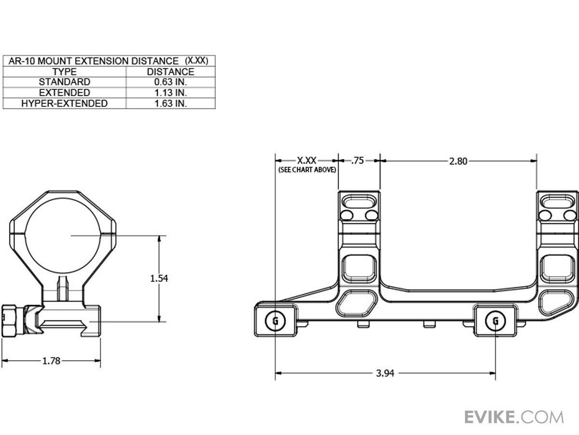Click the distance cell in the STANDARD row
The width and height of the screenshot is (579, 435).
pos(170,82)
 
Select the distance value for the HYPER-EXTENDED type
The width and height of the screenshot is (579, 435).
pos(170,103)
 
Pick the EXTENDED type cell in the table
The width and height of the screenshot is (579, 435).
pos(65,93)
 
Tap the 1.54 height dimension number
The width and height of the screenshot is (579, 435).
pos(159,278)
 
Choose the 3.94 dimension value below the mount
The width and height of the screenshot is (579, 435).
pos(385,373)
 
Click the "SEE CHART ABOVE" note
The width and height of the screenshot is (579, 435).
pos(307,170)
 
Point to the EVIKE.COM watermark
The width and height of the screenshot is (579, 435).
pos(514,417)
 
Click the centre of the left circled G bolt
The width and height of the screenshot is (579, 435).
pos(275,321)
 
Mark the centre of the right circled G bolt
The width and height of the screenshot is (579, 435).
pos(496,321)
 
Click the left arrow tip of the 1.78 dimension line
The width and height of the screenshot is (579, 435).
pos(2,361)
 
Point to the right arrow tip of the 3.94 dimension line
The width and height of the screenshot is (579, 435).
pos(495,373)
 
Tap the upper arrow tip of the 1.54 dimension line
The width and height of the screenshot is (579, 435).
pos(159,236)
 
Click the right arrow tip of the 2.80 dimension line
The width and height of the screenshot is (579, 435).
pos(537,161)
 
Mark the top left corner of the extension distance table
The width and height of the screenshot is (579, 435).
pos(3,56)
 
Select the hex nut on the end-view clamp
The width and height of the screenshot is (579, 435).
pos(9,320)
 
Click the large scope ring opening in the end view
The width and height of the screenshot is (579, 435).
pos(63,235)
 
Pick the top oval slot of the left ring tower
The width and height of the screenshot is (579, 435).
pos(359,203)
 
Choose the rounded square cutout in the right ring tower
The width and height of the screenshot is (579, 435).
pos(557,269)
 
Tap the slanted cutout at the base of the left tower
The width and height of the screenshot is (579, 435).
pos(357,303)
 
